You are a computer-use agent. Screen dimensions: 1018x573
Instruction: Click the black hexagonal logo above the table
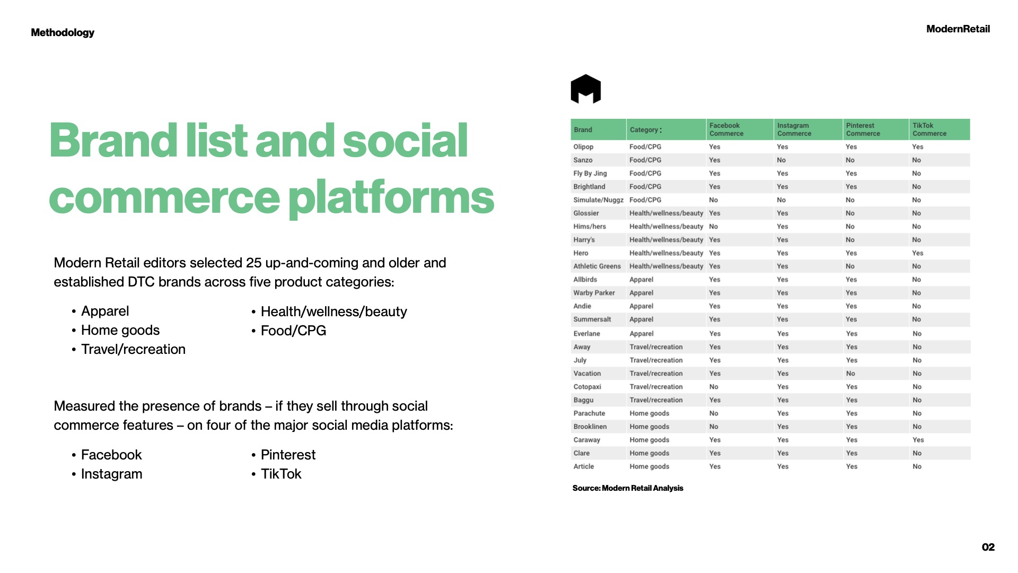coord(585,89)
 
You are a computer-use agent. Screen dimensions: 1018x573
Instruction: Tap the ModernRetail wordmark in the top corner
coord(958,29)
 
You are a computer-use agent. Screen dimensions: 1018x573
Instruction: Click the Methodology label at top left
coord(63,32)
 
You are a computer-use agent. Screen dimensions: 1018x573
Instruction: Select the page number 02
coord(988,547)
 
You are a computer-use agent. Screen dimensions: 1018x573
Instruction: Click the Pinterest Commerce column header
coord(863,129)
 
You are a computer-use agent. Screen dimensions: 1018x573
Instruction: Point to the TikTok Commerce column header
coord(929,129)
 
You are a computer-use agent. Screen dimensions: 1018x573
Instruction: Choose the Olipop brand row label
coord(583,147)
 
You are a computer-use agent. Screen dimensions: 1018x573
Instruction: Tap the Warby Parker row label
coord(594,293)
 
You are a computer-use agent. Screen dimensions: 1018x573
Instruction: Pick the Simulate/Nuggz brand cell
coord(598,200)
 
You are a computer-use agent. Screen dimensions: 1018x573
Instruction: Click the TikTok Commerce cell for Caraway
coord(918,440)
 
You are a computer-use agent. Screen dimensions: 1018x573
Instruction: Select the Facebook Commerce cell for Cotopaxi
coord(714,387)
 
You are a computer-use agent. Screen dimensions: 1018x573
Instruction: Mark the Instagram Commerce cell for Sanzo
coord(782,160)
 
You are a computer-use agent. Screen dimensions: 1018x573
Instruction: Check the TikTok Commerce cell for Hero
coord(918,253)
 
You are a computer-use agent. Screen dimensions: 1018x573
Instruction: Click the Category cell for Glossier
coord(666,213)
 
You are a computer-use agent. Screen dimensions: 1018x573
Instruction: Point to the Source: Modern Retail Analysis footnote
coord(628,488)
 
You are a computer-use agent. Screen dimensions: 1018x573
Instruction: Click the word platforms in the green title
coord(391,198)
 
